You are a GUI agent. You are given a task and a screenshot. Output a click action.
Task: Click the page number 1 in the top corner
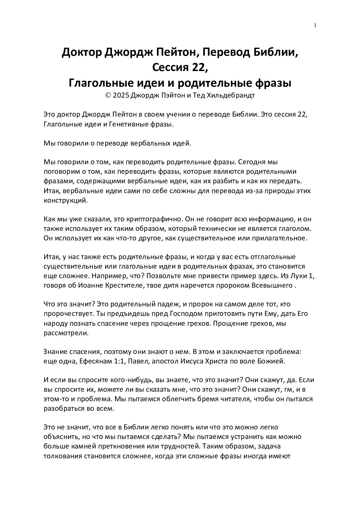click(x=315, y=25)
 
